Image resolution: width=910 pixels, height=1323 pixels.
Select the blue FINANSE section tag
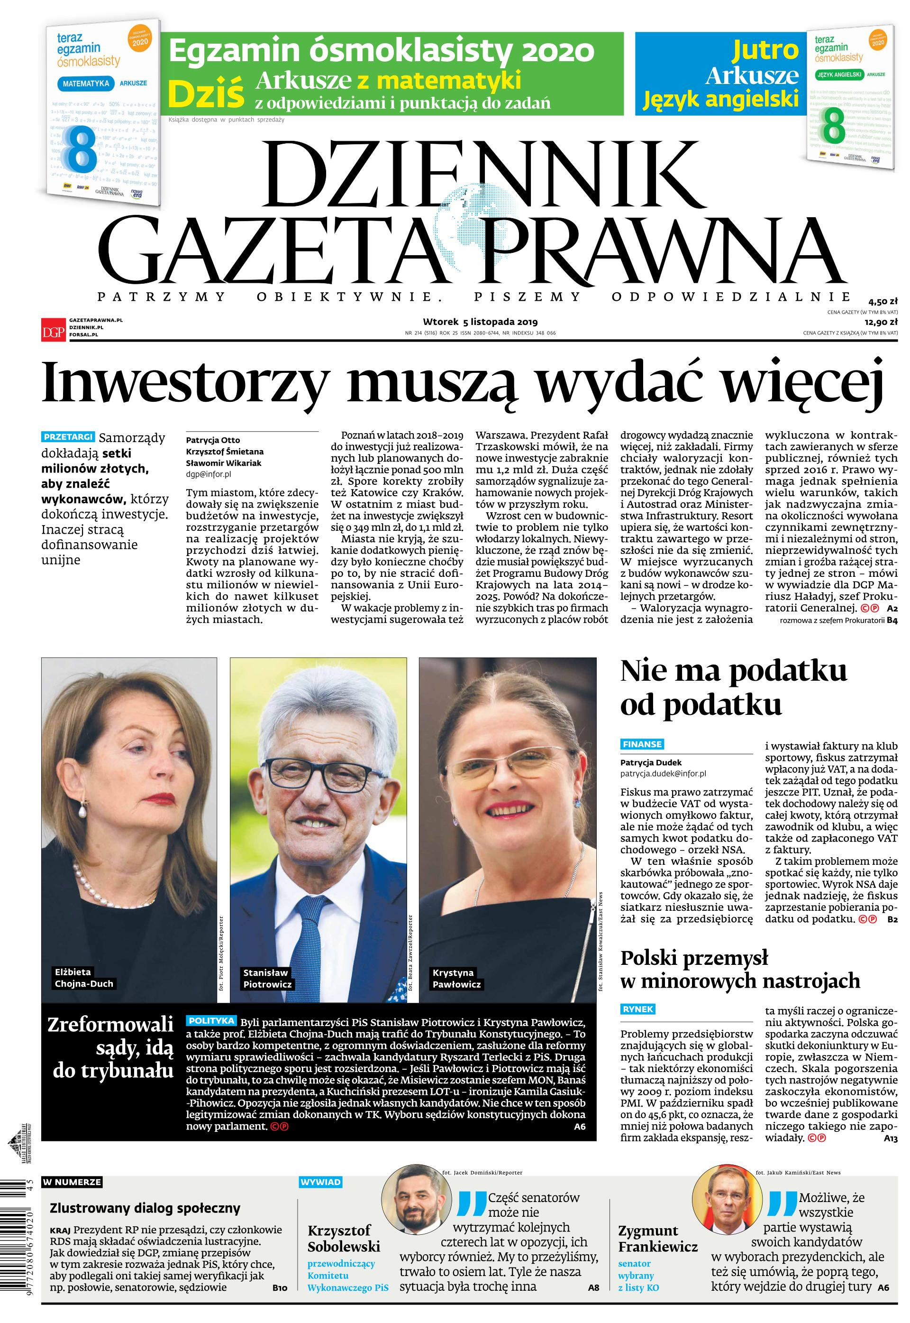click(x=642, y=744)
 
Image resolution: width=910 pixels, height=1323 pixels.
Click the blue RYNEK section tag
click(x=638, y=1009)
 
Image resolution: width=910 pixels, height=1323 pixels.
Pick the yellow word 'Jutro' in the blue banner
click(x=765, y=50)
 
